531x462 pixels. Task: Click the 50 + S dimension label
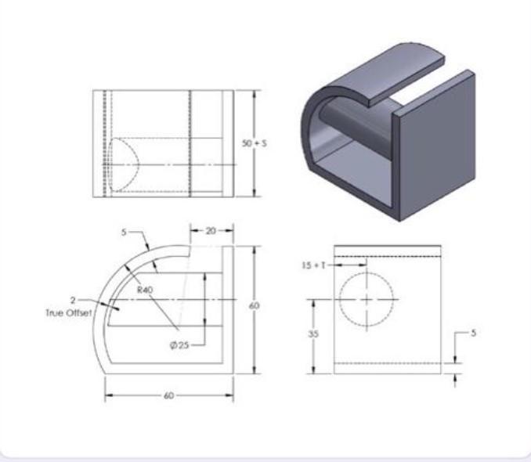[255, 143]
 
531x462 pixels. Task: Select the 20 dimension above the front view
[211, 231]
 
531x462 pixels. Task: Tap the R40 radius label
[145, 290]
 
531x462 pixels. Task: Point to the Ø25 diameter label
[179, 345]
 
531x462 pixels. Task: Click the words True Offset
[69, 313]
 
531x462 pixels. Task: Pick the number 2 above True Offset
[73, 300]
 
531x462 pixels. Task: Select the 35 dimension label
[313, 334]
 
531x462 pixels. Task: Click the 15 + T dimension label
[313, 265]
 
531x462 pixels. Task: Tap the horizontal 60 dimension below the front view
[168, 395]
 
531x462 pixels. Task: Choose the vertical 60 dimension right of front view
[255, 306]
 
